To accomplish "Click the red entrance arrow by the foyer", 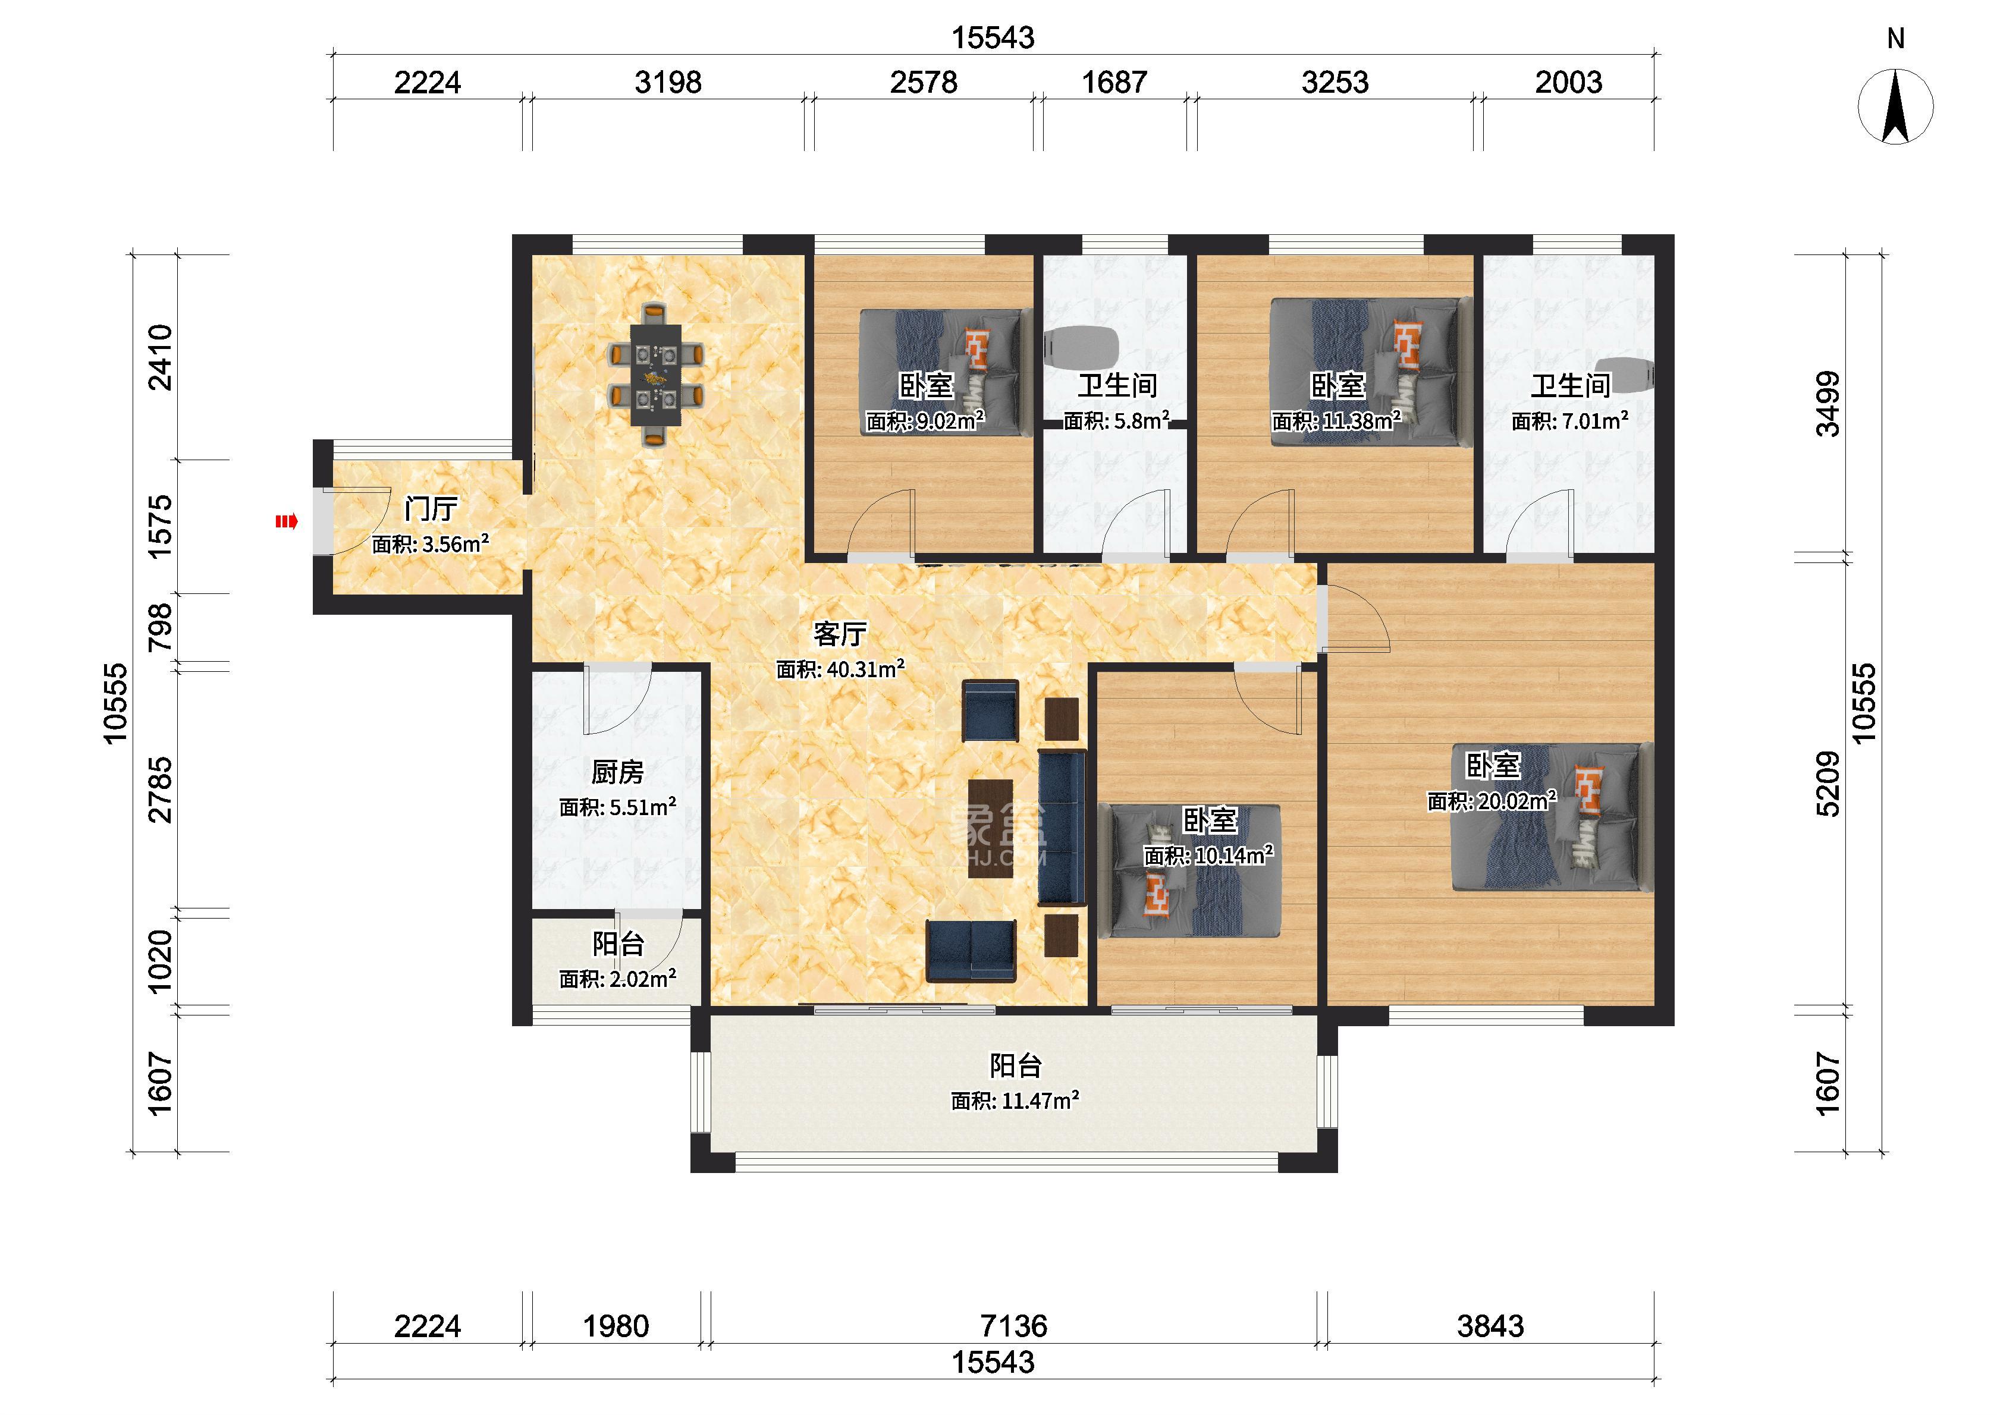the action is pos(287,522).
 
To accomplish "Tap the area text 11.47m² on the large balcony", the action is pos(1040,1100).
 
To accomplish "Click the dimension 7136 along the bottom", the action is pos(1013,1326).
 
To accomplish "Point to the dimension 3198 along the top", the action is pos(667,83).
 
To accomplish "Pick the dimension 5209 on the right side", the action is pos(1828,784).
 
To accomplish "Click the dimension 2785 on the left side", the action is pos(161,790).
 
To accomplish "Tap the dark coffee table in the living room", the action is pos(991,828).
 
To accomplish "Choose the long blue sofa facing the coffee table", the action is pos(1061,828).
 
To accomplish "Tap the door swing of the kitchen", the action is pos(617,700).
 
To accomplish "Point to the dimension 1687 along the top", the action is pos(1114,83).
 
